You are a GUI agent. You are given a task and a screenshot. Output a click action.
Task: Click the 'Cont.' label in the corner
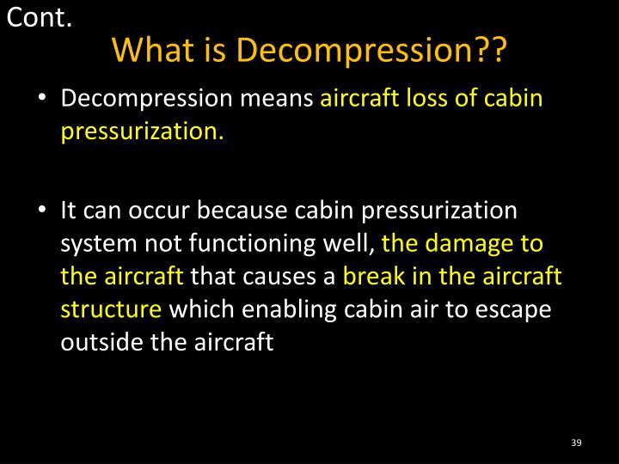[x=39, y=16]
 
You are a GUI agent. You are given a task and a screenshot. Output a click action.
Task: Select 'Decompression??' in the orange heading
[x=372, y=52]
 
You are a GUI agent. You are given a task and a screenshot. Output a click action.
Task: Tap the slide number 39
[x=576, y=442]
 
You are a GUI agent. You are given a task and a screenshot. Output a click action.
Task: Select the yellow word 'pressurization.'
[x=143, y=132]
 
